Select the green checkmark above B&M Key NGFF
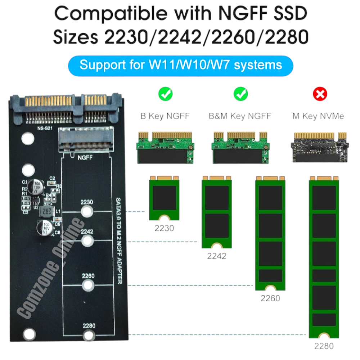point(240,95)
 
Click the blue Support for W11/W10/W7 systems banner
point(180,65)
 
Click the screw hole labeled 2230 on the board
point(87,211)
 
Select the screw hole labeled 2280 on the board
point(89,336)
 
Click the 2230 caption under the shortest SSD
point(164,228)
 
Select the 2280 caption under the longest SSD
point(324,346)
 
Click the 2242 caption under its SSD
point(217,256)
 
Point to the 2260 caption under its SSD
point(270,298)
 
